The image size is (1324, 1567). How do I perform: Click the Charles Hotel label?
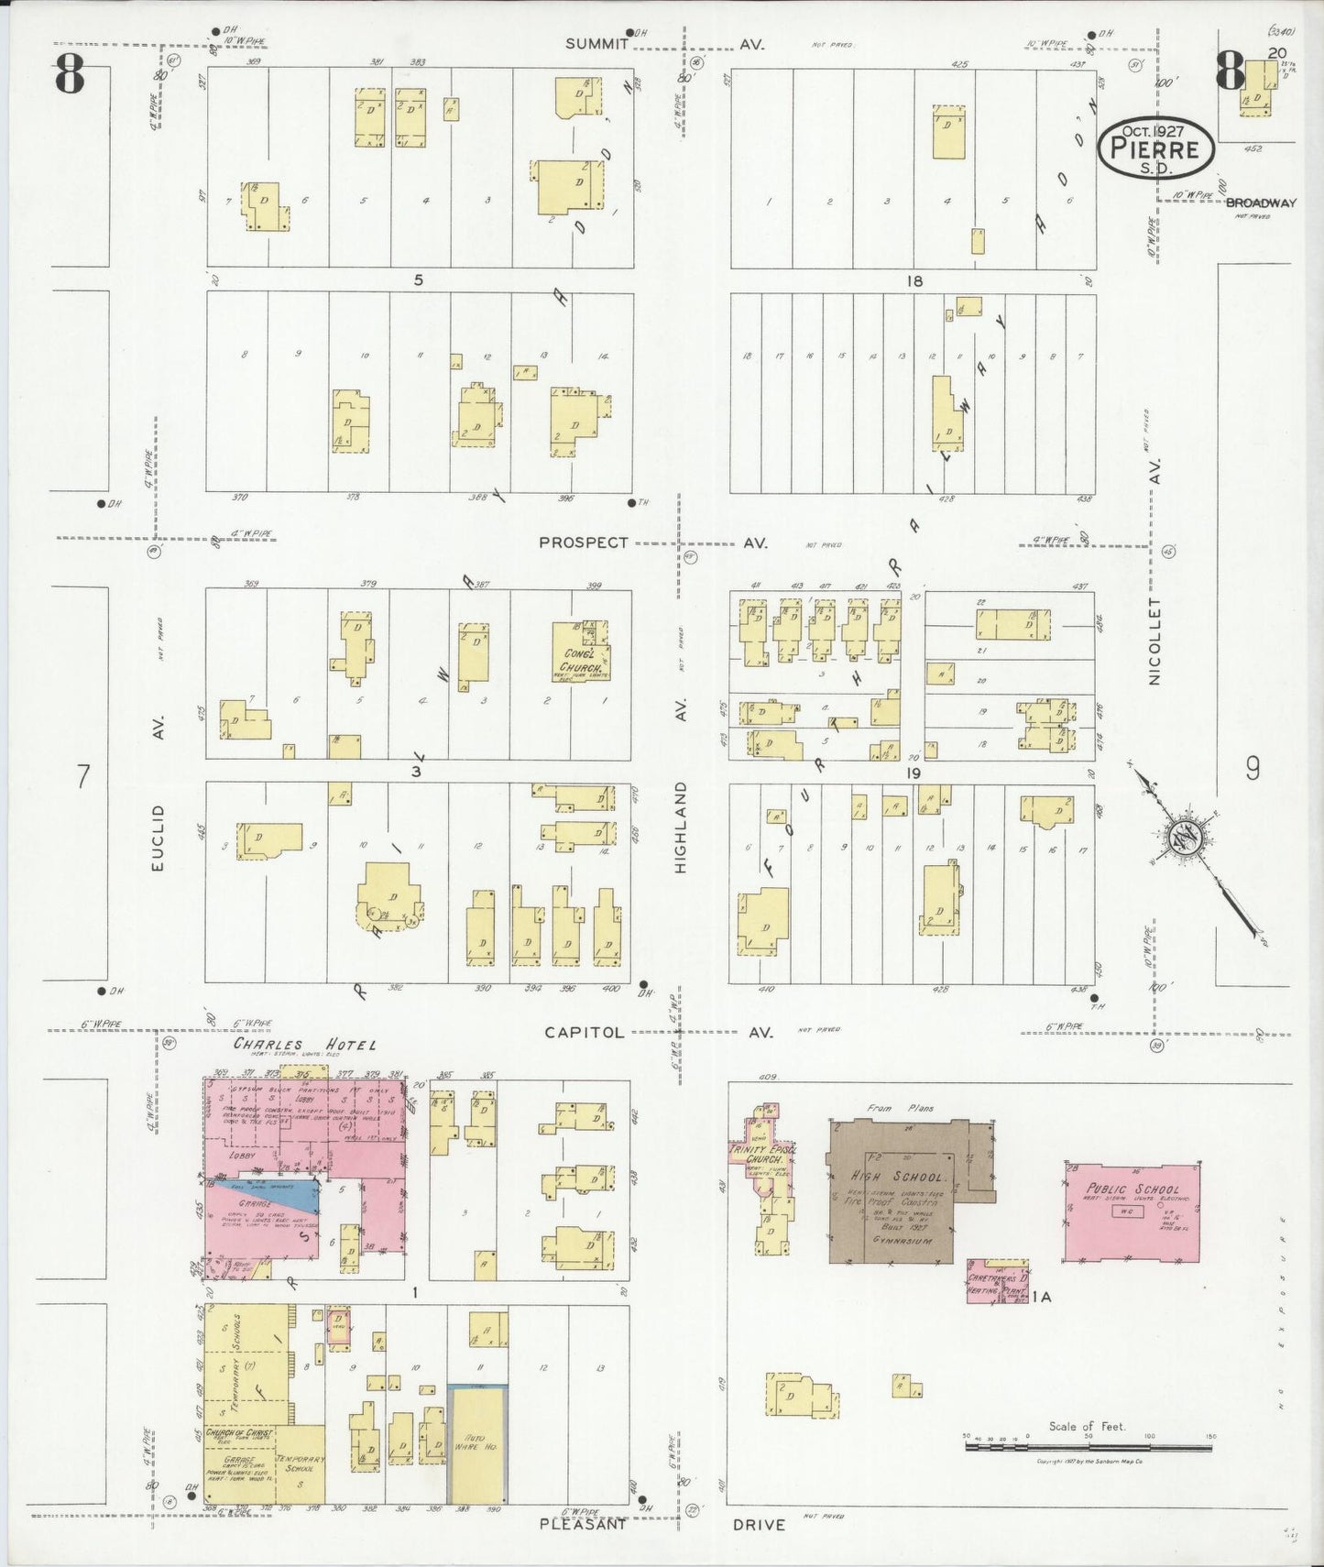click(303, 1045)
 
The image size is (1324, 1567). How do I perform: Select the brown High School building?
click(892, 1191)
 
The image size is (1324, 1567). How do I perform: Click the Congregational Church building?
click(581, 653)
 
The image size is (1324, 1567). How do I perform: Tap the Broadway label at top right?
click(1261, 203)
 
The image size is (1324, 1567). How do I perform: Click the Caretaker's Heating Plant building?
click(995, 1282)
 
